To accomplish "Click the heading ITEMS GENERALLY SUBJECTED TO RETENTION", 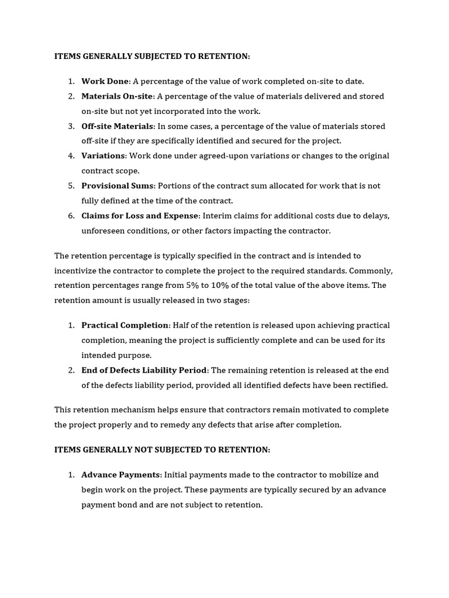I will pyautogui.click(x=152, y=56).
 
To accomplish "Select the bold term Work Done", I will pyautogui.click(x=105, y=81).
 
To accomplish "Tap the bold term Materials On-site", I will pyautogui.click(x=117, y=96).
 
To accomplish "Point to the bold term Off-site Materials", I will pyautogui.click(x=118, y=126).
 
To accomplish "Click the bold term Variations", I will pyautogui.click(x=103, y=156).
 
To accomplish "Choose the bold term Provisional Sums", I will pyautogui.click(x=118, y=186).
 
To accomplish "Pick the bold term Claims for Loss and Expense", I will pyautogui.click(x=140, y=215).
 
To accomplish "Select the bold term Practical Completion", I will pyautogui.click(x=125, y=325).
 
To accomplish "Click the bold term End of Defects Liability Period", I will pyautogui.click(x=144, y=370).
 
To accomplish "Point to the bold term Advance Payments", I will pyautogui.click(x=122, y=475).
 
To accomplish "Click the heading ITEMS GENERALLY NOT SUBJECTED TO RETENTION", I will pyautogui.click(x=162, y=450).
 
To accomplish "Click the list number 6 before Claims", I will pyautogui.click(x=71, y=215).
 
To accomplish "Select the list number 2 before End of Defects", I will pyautogui.click(x=71, y=370).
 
